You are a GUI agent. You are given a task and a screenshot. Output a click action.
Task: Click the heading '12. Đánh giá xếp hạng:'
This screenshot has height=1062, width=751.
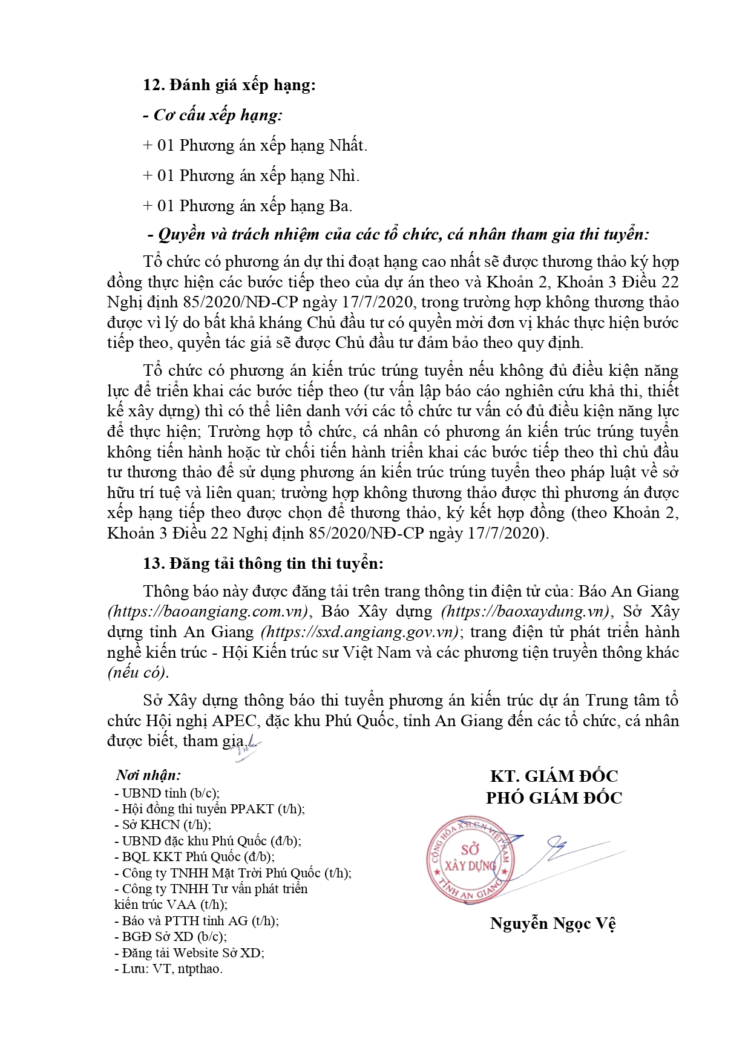tap(229, 85)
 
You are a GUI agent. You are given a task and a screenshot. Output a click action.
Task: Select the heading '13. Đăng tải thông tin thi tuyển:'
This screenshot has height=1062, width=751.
tap(263, 563)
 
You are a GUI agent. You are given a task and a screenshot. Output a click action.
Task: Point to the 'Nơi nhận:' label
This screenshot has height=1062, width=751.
tap(148, 775)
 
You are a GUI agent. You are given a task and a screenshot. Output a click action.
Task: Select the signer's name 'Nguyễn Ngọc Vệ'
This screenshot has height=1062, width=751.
tap(553, 923)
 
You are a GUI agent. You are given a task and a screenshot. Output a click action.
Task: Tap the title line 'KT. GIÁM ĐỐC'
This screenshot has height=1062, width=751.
tap(554, 776)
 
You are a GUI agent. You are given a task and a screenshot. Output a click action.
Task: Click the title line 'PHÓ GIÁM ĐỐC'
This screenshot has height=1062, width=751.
tap(554, 798)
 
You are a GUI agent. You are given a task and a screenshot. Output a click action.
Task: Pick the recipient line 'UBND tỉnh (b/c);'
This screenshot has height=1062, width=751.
tap(167, 793)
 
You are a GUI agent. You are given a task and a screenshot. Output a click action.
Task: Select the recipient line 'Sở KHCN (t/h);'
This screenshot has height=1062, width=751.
tap(163, 825)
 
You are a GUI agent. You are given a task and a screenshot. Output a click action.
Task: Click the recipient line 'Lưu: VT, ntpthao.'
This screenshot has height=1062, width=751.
tap(169, 968)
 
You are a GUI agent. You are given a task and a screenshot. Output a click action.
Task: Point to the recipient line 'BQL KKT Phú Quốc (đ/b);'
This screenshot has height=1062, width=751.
tap(194, 857)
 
